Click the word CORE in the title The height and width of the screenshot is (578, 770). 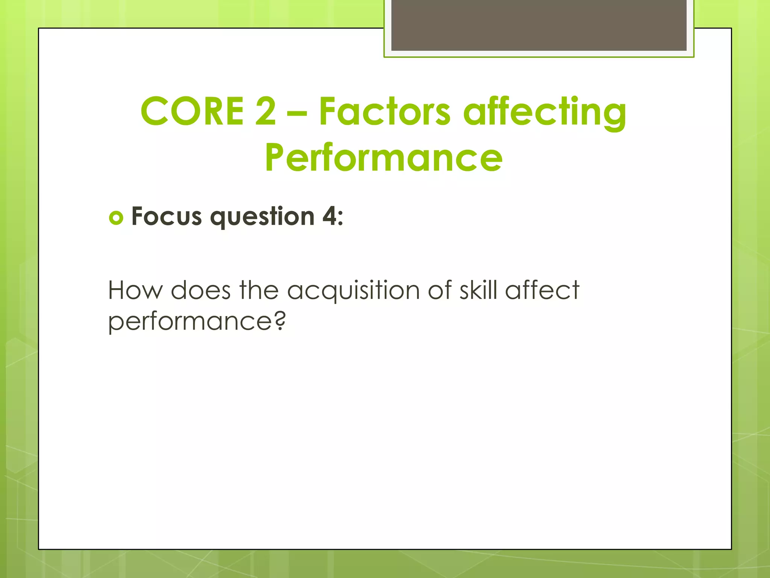(192, 111)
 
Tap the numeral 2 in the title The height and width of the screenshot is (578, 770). (265, 111)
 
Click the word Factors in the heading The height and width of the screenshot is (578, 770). (384, 111)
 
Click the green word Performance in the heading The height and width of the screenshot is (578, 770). (383, 158)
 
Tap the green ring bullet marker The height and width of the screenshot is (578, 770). (116, 218)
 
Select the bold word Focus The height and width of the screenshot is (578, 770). (167, 217)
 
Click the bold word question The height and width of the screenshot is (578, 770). (262, 218)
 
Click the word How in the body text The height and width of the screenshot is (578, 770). (135, 291)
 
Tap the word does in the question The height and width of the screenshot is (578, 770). (200, 291)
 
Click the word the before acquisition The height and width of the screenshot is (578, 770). (259, 291)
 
